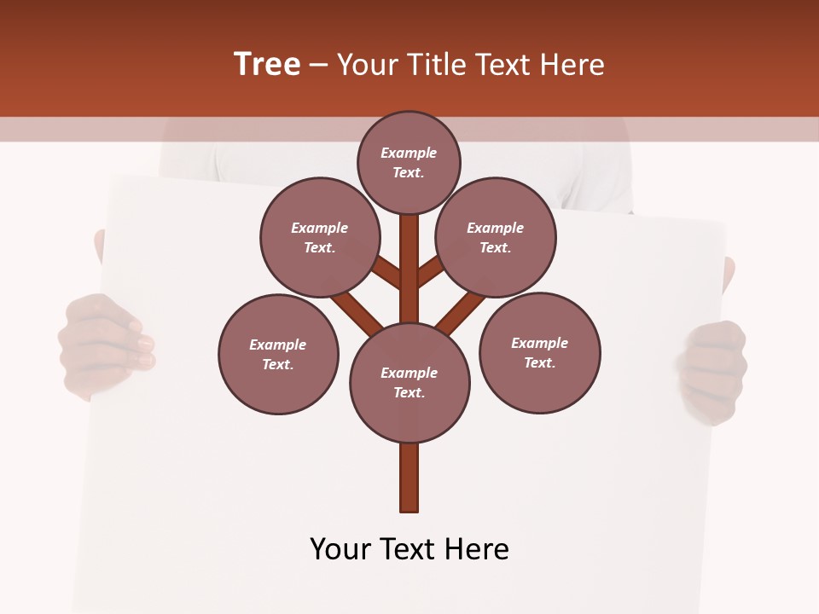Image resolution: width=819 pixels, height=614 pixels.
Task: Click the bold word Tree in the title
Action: coord(267,64)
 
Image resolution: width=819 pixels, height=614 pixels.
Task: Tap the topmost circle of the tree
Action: coord(409,162)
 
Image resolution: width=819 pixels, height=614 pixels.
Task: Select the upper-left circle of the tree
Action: coord(320,238)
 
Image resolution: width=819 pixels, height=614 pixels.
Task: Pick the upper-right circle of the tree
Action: coord(496,238)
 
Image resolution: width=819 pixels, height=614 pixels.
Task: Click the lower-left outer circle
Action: coord(278,355)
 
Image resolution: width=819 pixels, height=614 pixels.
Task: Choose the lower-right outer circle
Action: coord(539,353)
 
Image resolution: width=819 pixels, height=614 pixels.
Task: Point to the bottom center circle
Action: coord(409,383)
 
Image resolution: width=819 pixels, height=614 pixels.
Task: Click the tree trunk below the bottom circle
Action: coord(409,477)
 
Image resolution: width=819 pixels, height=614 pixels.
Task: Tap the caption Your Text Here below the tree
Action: coord(409,549)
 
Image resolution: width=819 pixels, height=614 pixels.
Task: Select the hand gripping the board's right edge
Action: coord(712,371)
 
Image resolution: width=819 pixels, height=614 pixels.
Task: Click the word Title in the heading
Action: coord(438,64)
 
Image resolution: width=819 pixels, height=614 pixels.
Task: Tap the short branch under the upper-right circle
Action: coord(430,272)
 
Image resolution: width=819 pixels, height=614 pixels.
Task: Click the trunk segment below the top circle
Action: coord(409,256)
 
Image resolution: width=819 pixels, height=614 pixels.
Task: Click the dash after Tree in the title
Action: coord(318,65)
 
